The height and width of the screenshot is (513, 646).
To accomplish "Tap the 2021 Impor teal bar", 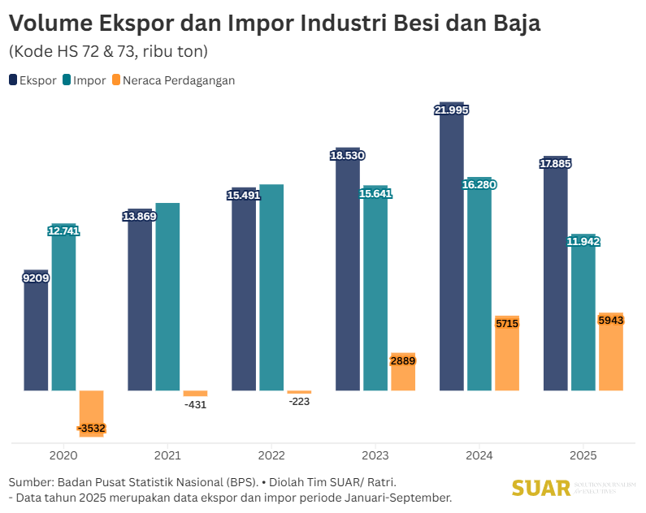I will pyautogui.click(x=167, y=296).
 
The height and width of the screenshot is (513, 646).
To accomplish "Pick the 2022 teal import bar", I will pyautogui.click(x=271, y=287).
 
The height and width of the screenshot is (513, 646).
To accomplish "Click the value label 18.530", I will pyautogui.click(x=347, y=155).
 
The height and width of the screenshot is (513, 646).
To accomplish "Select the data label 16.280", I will pyautogui.click(x=479, y=185).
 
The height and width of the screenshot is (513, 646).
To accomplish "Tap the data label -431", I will pyautogui.click(x=195, y=404).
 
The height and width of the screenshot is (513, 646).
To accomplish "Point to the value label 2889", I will pyautogui.click(x=403, y=361).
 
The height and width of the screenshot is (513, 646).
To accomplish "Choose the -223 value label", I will pyautogui.click(x=299, y=401).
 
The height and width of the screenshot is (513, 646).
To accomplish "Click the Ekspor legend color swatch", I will pyautogui.click(x=13, y=80).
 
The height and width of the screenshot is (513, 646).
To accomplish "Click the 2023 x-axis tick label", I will pyautogui.click(x=376, y=456).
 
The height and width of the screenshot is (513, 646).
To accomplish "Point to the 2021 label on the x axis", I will pyautogui.click(x=167, y=456).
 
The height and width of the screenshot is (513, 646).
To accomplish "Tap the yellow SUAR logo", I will pyautogui.click(x=541, y=489).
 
